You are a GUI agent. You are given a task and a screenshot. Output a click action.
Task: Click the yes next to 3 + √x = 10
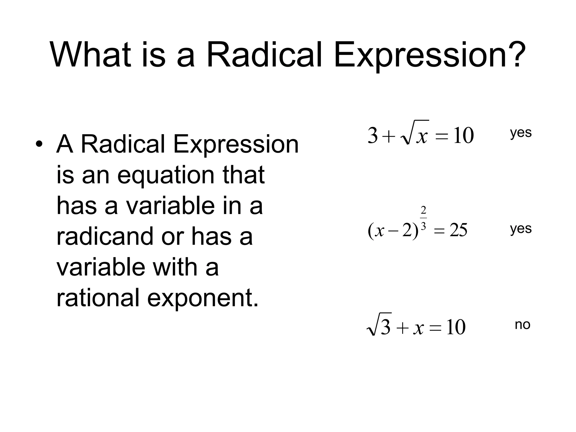pyautogui.click(x=521, y=133)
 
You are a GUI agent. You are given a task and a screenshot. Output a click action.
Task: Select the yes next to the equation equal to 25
pyautogui.click(x=521, y=229)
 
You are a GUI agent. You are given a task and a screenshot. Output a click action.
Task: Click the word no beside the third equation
pyautogui.click(x=522, y=325)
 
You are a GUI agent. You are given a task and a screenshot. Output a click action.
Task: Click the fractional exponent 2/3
pyautogui.click(x=423, y=218)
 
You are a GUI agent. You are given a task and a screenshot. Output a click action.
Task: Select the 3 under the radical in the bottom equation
pyautogui.click(x=386, y=327)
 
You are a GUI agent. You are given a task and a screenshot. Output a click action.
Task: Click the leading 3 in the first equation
pyautogui.click(x=373, y=136)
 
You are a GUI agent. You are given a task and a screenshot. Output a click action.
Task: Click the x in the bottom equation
pyautogui.click(x=418, y=328)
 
